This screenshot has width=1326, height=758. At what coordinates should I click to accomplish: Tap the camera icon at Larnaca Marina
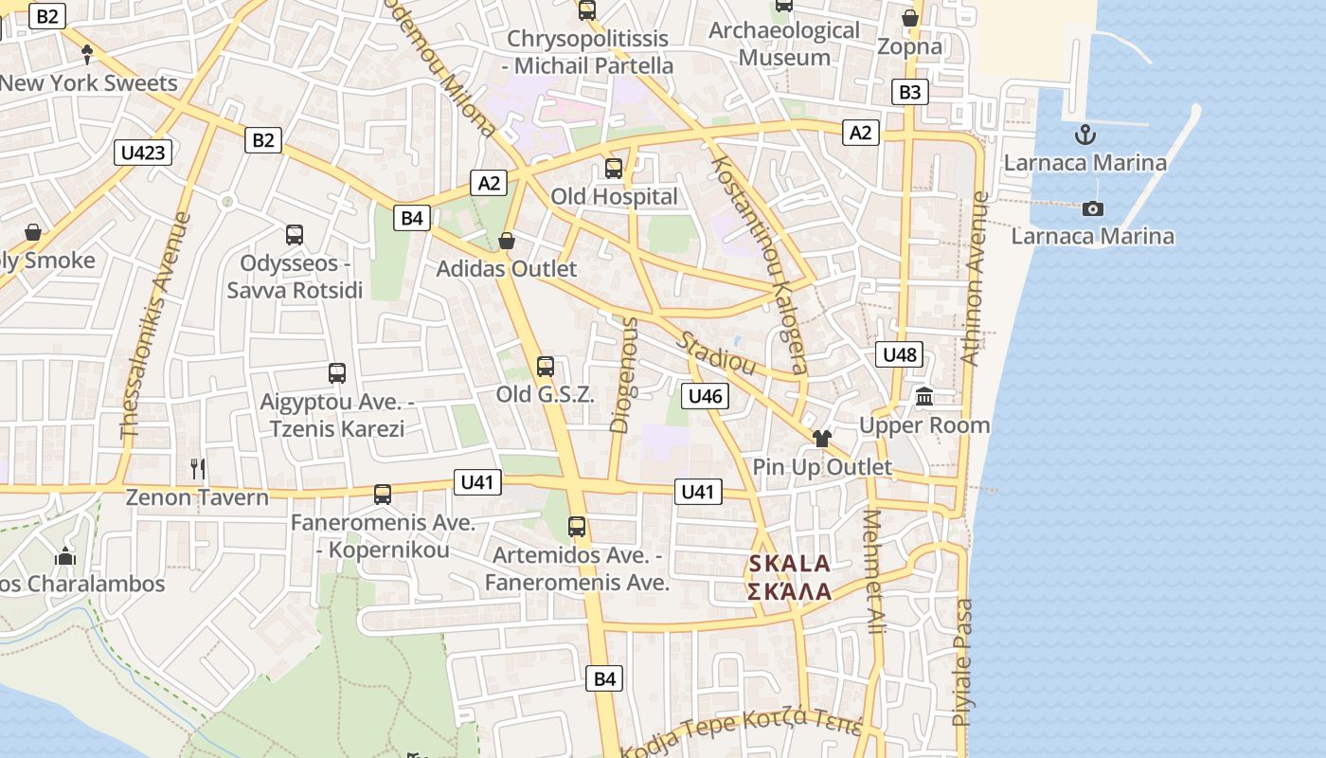point(1093,208)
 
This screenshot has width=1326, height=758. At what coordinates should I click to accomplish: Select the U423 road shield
point(144,152)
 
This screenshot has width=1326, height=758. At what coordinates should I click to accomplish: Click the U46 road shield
point(705,396)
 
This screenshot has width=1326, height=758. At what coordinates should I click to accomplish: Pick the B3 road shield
point(908,92)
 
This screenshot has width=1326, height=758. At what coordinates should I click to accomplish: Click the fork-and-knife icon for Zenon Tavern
point(197,468)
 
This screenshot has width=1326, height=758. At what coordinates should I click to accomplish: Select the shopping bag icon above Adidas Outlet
point(507,241)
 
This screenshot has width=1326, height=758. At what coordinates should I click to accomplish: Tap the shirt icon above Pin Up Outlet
point(821,438)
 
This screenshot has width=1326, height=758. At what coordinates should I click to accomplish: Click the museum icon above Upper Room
point(924,396)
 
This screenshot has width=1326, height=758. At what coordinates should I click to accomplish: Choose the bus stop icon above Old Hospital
point(614,169)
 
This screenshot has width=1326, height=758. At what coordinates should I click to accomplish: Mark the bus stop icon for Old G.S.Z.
point(546,367)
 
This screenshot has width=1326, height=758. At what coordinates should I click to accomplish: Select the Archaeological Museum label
point(784,44)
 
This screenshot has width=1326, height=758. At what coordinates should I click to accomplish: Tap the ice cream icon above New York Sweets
point(87,54)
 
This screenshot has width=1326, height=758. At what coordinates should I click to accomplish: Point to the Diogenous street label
point(624,375)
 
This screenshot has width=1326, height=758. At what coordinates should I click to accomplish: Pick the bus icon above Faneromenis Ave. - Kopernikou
point(383,494)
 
